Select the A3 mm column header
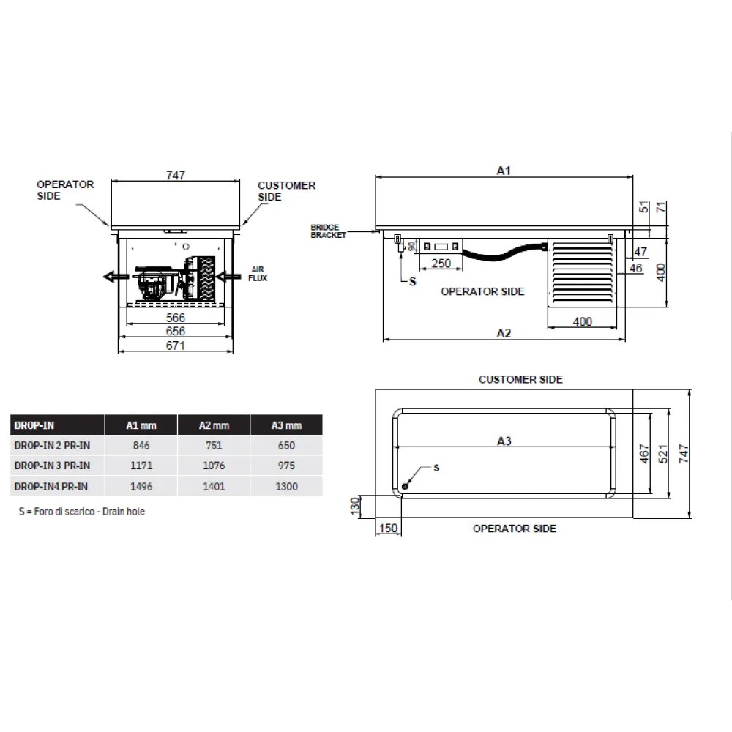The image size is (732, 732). (286, 425)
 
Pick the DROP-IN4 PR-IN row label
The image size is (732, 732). (51, 486)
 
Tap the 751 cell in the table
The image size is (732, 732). (214, 445)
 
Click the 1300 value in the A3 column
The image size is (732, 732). (286, 486)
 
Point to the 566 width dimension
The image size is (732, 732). (176, 318)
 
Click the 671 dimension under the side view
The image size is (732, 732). (176, 346)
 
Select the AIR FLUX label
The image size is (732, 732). (258, 274)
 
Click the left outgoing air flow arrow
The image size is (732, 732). (115, 276)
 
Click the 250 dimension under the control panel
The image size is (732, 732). (441, 264)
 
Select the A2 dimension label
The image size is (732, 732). (504, 333)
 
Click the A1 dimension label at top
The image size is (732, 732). (504, 171)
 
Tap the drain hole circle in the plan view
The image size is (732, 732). (406, 486)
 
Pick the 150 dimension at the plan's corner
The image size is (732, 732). (389, 528)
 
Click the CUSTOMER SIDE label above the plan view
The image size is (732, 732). (520, 379)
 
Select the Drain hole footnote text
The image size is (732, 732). (82, 512)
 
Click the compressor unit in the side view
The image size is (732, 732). (157, 281)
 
